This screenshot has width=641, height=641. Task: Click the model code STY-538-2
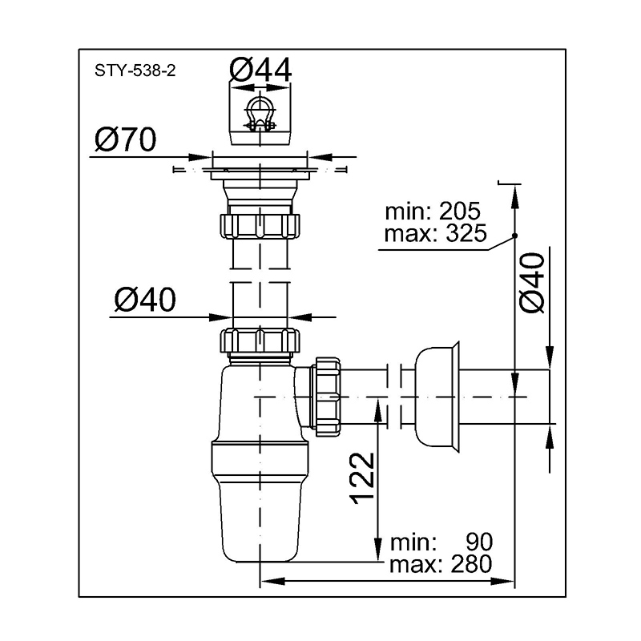(135, 71)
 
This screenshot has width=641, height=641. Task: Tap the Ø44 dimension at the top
(260, 70)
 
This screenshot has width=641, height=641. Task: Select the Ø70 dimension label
(125, 139)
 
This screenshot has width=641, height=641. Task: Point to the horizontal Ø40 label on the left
(145, 299)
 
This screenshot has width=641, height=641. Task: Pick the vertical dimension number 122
(362, 478)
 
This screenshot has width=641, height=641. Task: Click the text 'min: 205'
(433, 212)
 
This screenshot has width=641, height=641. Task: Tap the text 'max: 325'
(436, 233)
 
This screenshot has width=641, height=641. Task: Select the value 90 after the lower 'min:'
(479, 542)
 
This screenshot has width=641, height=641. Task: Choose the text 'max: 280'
(441, 565)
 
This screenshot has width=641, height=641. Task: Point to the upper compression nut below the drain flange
(260, 226)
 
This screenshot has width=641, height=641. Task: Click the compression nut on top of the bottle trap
(260, 340)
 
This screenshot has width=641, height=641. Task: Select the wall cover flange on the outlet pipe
(437, 397)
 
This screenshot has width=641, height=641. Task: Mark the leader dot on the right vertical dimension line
(514, 236)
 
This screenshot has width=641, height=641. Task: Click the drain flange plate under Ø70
(260, 174)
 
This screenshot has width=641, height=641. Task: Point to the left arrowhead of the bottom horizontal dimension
(272, 581)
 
